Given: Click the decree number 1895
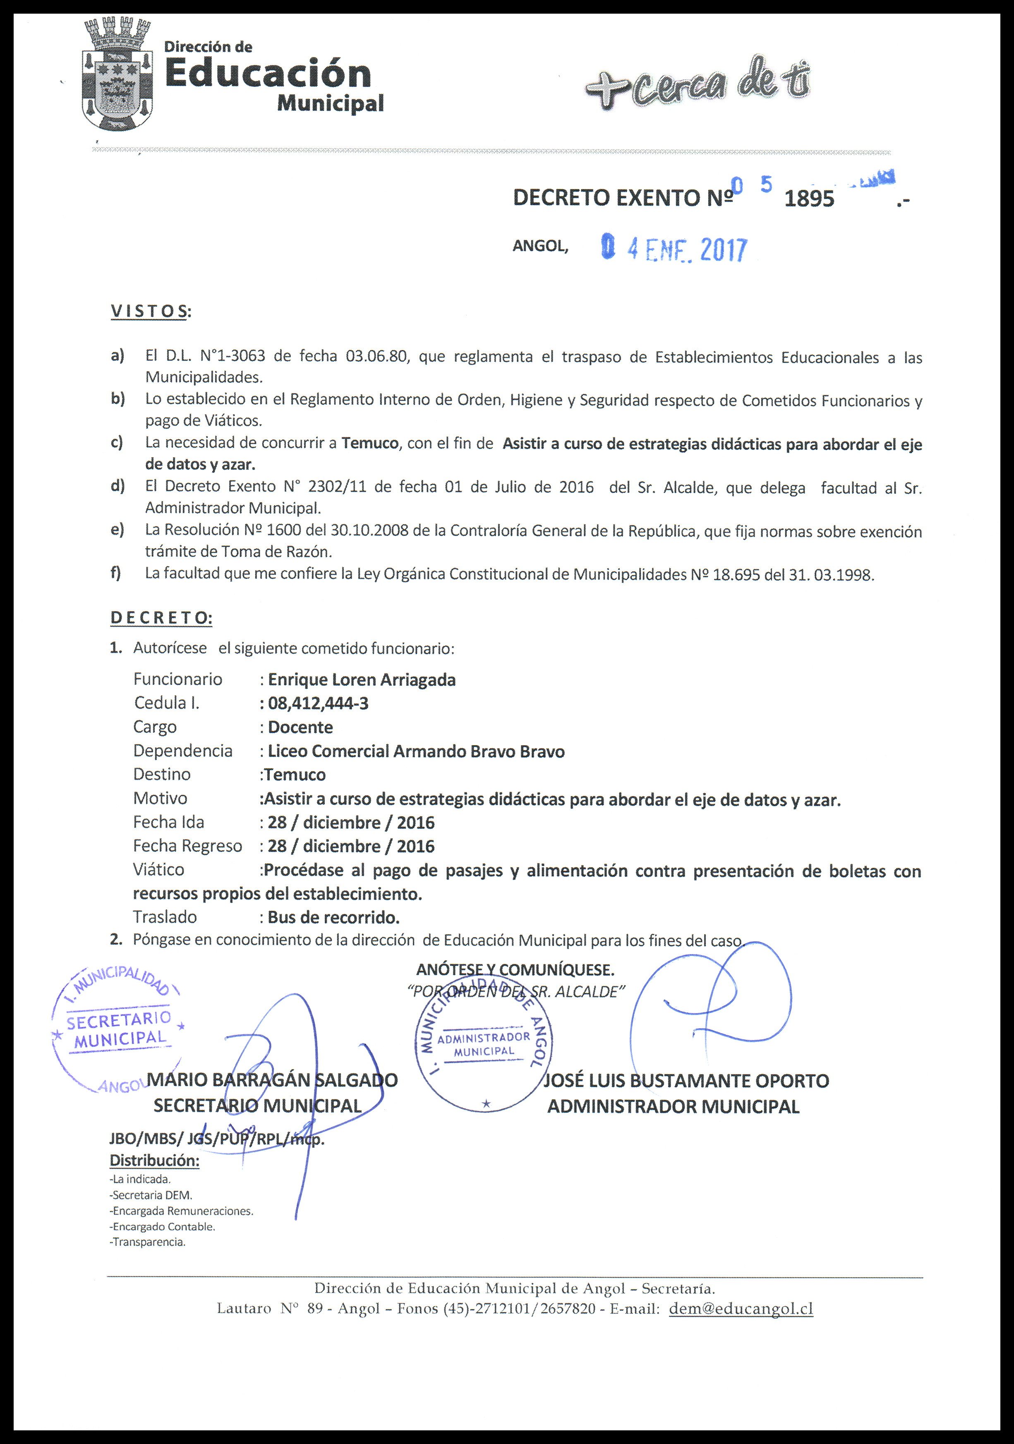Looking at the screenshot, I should pyautogui.click(x=810, y=199).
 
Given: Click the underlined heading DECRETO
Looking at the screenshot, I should pyautogui.click(x=161, y=618).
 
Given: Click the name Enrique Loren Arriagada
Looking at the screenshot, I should pyautogui.click(x=362, y=680).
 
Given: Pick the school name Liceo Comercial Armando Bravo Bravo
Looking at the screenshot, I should pyautogui.click(x=416, y=751).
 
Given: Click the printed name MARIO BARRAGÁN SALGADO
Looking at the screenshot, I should pyautogui.click(x=272, y=1080).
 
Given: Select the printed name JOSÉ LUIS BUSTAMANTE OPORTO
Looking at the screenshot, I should pyautogui.click(x=687, y=1080).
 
